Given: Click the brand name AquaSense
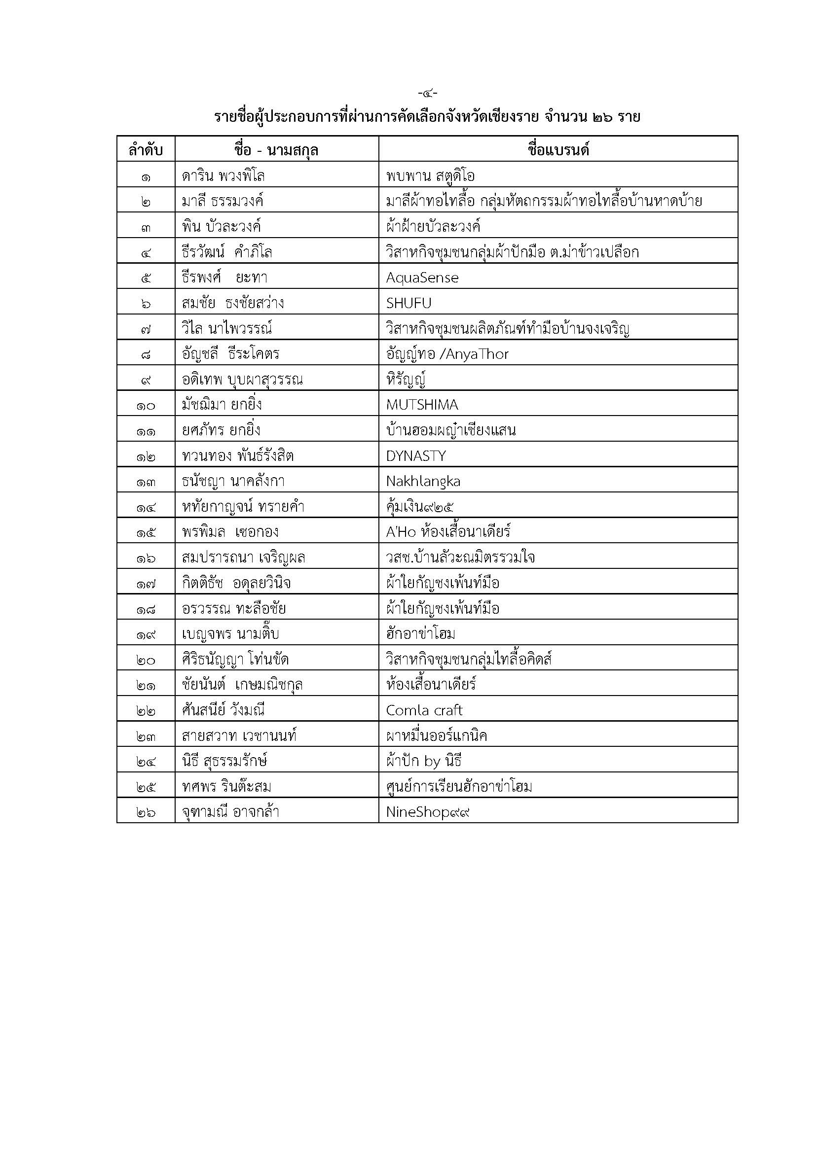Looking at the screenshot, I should point(422,278).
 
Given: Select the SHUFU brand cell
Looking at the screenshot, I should point(408,303).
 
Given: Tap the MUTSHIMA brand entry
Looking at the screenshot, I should point(422,405).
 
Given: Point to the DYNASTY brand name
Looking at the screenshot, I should point(416,456).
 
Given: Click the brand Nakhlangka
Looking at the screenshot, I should point(423,482).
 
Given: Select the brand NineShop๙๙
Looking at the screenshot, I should point(428,812).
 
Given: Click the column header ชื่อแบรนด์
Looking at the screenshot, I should point(558,150).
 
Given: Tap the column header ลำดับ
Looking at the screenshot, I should point(146,150).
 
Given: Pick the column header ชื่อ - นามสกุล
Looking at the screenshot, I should point(276,150).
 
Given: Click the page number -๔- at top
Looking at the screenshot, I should point(428,93).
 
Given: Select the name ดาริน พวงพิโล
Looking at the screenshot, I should point(223,176).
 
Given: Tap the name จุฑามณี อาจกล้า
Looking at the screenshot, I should point(230,812).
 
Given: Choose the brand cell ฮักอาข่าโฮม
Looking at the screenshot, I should point(420,634).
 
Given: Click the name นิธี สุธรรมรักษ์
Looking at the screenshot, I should point(224,761).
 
